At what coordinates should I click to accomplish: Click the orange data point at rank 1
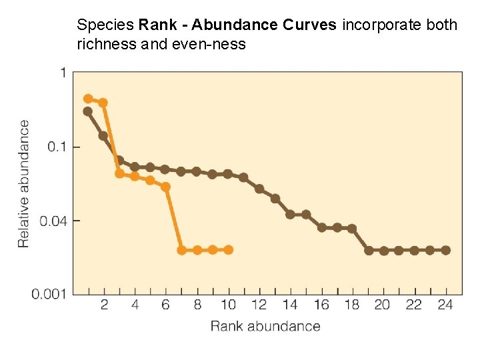(88, 99)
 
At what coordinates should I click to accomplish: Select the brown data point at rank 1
(88, 111)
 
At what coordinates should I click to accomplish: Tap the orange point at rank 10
(228, 249)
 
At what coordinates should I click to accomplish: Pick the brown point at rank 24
(445, 250)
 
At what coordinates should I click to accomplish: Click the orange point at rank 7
(181, 250)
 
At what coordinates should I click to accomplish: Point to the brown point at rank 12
(259, 189)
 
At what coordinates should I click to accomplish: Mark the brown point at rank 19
(369, 250)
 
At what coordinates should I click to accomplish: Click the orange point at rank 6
(166, 187)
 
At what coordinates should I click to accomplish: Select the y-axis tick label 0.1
(54, 147)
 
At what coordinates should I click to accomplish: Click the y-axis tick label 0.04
(52, 221)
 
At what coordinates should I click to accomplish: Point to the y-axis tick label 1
(63, 73)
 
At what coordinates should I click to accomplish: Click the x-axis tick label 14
(290, 305)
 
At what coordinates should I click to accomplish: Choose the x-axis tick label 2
(104, 305)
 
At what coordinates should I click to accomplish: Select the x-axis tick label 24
(445, 305)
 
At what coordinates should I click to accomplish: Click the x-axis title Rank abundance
(265, 326)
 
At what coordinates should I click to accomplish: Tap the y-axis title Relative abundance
(24, 183)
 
